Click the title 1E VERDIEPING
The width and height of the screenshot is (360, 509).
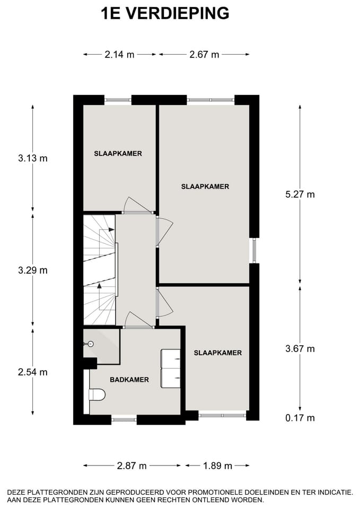[x=165, y=13]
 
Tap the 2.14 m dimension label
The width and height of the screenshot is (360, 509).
[x=119, y=55]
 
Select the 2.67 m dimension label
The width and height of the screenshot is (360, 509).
[x=204, y=55]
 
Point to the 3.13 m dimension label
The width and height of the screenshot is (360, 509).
[x=33, y=158]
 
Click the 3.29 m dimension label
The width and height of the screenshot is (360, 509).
[x=33, y=270]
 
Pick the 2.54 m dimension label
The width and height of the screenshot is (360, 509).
[x=33, y=372]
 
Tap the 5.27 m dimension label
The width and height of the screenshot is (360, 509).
[x=300, y=194]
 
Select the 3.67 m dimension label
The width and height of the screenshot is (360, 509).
[x=300, y=348]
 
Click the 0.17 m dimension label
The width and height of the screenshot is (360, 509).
[x=300, y=418]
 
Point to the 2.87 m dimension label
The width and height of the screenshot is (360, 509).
[x=131, y=466]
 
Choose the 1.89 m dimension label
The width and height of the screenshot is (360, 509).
[x=217, y=466]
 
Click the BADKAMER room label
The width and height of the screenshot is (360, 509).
[x=129, y=380]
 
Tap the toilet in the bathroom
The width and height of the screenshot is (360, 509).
[x=97, y=394]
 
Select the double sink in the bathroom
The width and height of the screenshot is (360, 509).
[x=171, y=368]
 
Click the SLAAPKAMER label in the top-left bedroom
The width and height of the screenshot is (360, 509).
[x=118, y=154]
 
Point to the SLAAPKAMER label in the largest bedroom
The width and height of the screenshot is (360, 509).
[x=205, y=187]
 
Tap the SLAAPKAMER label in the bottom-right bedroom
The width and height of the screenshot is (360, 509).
[x=217, y=353]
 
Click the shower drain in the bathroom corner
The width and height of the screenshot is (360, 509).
[x=91, y=344]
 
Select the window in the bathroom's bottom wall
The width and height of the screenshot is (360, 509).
[x=124, y=419]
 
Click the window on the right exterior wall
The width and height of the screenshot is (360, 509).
[x=254, y=250]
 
